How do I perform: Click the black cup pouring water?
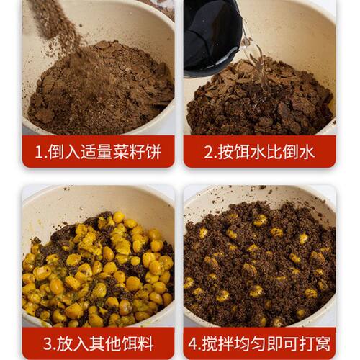coord(212,36)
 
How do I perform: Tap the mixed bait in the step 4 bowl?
coord(259,266)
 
